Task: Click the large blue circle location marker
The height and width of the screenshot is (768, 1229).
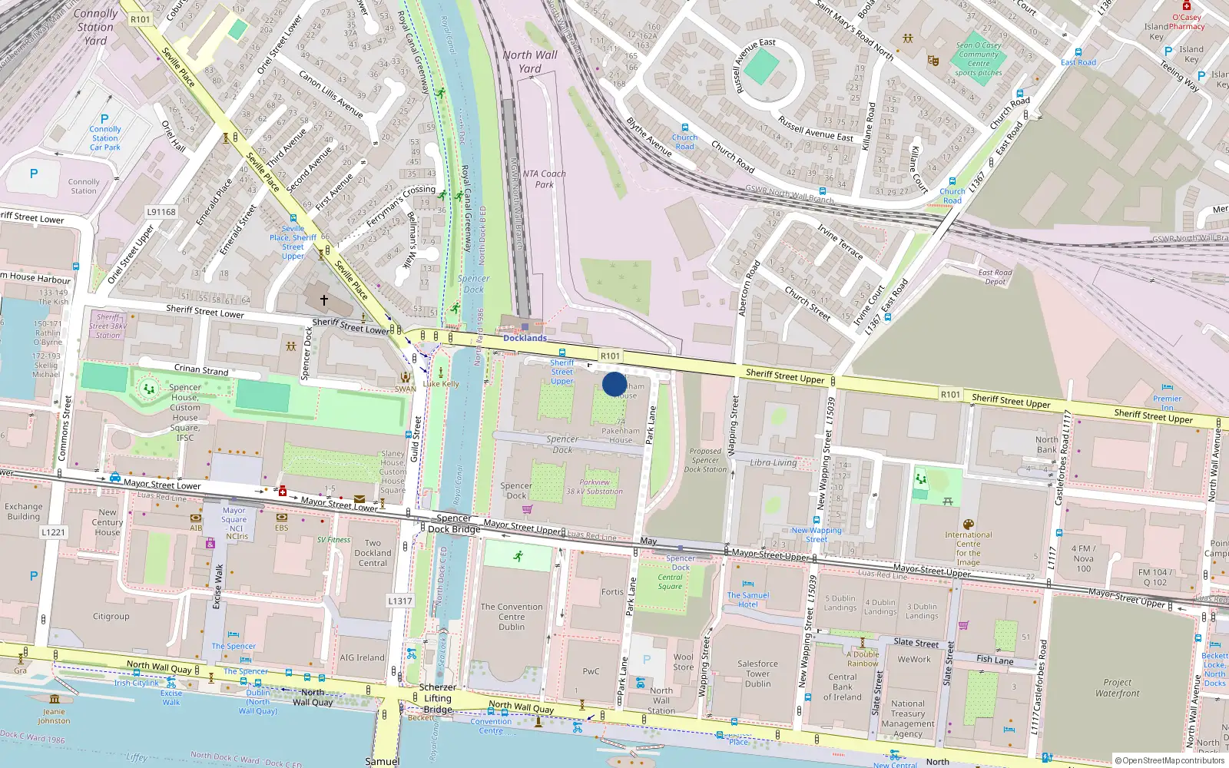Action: tap(614, 384)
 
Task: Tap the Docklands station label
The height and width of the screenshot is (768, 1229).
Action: tap(525, 338)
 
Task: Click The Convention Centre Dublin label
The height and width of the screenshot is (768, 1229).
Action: tap(512, 617)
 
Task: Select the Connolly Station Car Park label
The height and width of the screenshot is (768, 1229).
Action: tap(105, 138)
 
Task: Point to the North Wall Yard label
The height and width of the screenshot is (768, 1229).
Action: tap(530, 61)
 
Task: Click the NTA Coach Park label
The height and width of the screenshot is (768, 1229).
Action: tap(544, 179)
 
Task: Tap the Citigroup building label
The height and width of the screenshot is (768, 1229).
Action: tap(111, 616)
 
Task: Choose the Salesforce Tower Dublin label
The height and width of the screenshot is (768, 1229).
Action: tap(757, 674)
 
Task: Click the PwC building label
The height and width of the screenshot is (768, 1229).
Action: tap(591, 671)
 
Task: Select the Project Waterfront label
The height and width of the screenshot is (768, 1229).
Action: tap(1117, 687)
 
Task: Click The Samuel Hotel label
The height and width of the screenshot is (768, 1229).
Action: tap(748, 600)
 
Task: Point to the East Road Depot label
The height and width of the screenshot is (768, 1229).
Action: tap(995, 277)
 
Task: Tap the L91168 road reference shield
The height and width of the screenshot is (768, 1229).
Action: tap(161, 212)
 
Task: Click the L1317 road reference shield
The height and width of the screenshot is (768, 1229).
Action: tap(399, 601)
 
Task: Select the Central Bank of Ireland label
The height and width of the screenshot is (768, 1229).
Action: tap(843, 687)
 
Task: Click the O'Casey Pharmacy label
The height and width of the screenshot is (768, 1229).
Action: tap(1187, 22)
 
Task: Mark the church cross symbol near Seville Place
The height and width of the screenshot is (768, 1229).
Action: tap(324, 300)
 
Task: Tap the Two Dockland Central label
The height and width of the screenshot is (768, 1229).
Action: tap(373, 553)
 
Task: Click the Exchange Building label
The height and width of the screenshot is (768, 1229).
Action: tap(24, 511)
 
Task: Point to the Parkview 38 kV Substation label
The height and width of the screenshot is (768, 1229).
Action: tap(595, 487)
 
